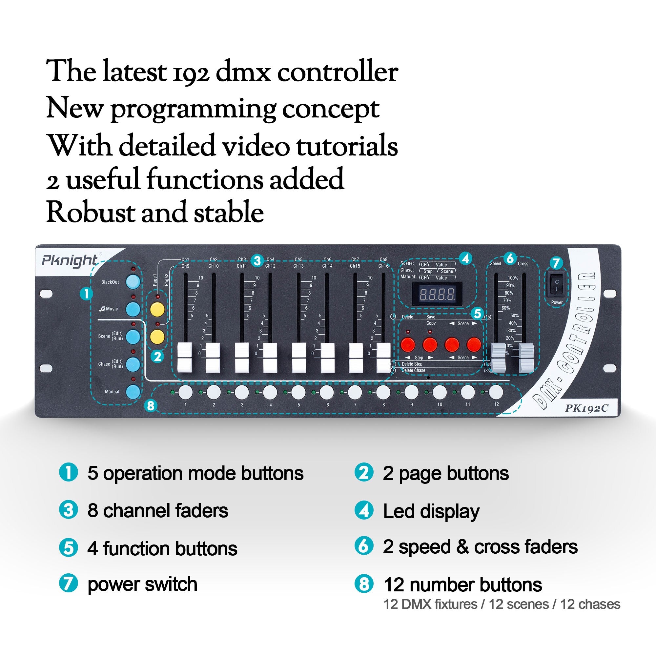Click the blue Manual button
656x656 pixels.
point(133,392)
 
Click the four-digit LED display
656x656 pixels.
point(437,294)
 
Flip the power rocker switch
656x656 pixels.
point(557,286)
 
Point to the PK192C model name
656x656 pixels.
point(586,408)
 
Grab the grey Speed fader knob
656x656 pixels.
point(498,357)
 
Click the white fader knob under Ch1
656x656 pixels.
point(185,357)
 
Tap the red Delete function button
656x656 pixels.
point(408,345)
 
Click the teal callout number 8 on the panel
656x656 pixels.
point(151,405)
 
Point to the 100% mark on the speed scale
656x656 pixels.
point(513,278)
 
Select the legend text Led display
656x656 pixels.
point(431,511)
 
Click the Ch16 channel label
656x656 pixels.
point(383,266)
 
